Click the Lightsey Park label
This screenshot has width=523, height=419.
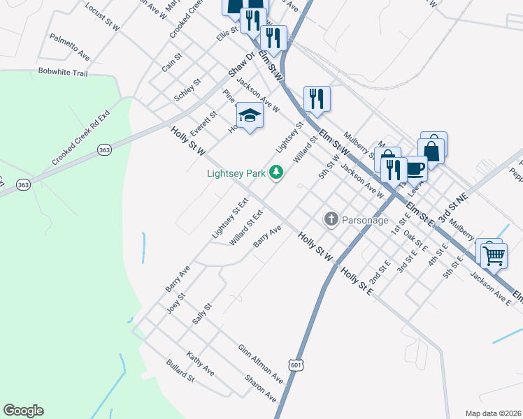[238, 172]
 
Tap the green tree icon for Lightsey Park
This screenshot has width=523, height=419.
[276, 172]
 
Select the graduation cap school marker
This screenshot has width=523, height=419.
[250, 115]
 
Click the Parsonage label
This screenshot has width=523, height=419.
[364, 220]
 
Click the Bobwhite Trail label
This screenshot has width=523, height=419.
[63, 72]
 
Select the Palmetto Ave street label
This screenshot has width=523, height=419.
[70, 46]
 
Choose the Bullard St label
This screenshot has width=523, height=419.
[180, 371]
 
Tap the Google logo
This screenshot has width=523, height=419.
[23, 411]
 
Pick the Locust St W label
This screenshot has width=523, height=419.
[102, 14]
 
